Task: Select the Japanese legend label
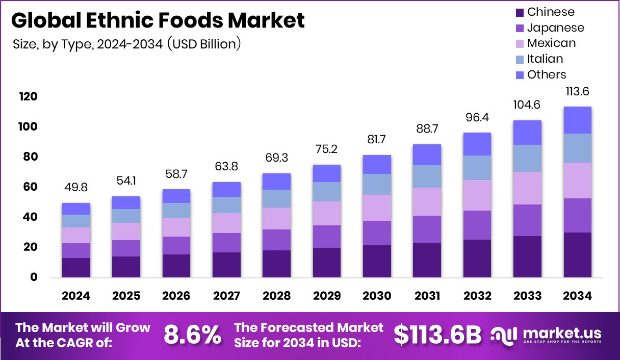[556, 28]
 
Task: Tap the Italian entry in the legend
[545, 59]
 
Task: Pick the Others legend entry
[547, 74]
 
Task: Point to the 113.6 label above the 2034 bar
[577, 92]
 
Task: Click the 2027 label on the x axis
[226, 296]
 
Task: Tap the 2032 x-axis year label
[477, 296]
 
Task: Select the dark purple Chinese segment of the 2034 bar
[577, 254]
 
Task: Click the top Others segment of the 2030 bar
[377, 164]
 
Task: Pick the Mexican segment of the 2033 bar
[527, 188]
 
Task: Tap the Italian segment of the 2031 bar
[427, 176]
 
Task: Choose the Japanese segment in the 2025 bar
[126, 248]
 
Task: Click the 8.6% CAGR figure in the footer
[192, 335]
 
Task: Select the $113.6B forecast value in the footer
[437, 335]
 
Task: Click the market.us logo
[546, 335]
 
